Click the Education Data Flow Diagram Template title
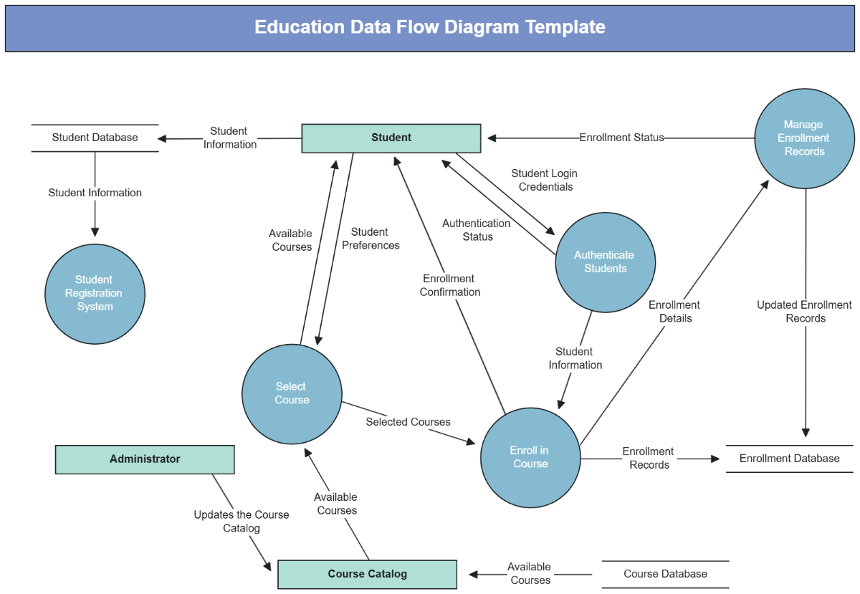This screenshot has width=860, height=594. click(x=430, y=27)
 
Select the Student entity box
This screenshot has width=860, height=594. click(x=391, y=138)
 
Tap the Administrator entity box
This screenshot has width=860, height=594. click(x=145, y=459)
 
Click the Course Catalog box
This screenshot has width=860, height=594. click(x=367, y=574)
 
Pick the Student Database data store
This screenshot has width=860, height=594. click(x=95, y=137)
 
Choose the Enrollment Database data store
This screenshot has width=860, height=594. click(x=789, y=458)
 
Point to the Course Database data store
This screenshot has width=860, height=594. click(x=665, y=574)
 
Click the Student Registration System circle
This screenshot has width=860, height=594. click(x=95, y=293)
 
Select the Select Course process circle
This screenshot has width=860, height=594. click(x=292, y=393)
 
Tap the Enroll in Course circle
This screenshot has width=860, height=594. click(x=530, y=457)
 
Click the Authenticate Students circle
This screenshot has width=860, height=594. click(x=605, y=262)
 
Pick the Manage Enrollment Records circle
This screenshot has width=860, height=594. click(x=804, y=138)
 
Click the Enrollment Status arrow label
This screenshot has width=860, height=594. click(x=621, y=137)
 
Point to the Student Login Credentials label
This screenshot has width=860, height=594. click(x=544, y=180)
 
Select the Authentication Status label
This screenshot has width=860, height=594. click(x=477, y=230)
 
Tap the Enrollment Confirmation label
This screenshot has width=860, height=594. click(x=449, y=285)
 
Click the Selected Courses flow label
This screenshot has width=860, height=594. click(x=408, y=421)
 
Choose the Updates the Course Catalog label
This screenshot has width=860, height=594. click(x=242, y=522)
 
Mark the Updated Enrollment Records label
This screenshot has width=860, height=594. click(x=805, y=312)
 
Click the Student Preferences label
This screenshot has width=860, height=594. click(x=371, y=239)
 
